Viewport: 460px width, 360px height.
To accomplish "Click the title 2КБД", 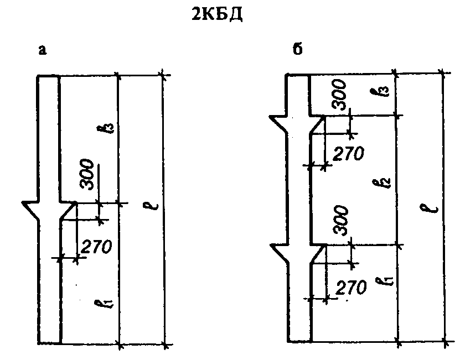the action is coord(217,15).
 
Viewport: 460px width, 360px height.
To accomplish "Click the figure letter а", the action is coord(43,50).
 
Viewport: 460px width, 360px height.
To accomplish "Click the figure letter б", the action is coord(297,49).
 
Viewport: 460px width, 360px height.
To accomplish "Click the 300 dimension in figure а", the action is coord(87,174).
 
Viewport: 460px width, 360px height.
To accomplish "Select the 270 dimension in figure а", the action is coord(96,247).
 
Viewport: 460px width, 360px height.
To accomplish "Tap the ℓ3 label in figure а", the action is coord(108,129).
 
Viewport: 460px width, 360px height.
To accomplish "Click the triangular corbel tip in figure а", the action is coord(23,202).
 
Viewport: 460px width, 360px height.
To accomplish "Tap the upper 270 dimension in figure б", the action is coord(349,153).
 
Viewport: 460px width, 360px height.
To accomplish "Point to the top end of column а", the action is coord(49,76).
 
